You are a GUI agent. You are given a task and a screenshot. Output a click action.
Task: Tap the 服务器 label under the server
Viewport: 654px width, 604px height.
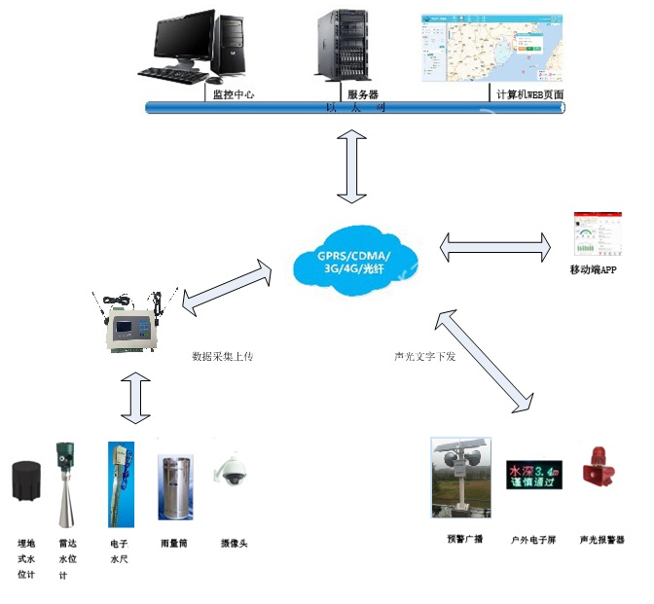coord(362,94)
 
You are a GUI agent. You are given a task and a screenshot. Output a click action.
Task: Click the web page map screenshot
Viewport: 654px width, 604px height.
coord(492,48)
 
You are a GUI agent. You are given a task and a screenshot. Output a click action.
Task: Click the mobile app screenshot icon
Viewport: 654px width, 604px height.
coord(593,235)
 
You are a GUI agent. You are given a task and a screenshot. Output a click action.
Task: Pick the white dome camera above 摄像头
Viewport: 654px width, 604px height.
coord(234,472)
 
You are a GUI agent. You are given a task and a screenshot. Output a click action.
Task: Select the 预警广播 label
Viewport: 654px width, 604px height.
coord(463,538)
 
